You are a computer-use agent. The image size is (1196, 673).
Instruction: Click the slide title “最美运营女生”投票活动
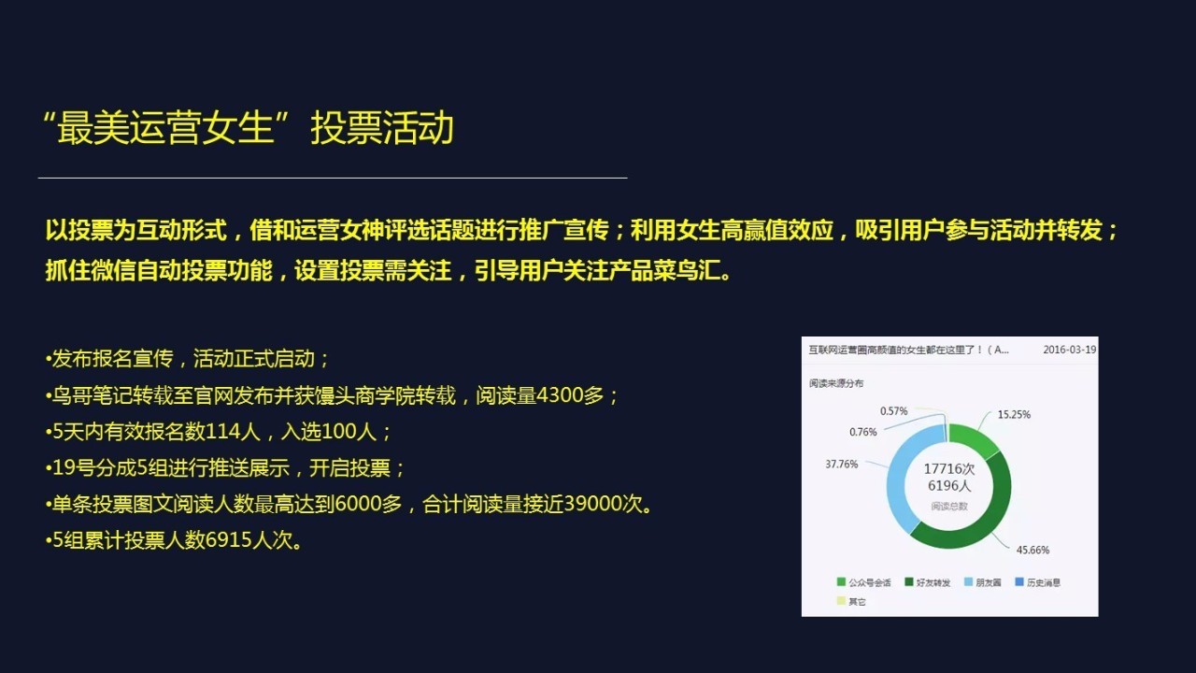(x=248, y=129)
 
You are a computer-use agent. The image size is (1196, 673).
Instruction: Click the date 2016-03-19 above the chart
(x=1069, y=350)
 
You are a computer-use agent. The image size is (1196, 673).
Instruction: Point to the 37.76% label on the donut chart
(x=841, y=464)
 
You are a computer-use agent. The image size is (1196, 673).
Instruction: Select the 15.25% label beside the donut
(x=1014, y=414)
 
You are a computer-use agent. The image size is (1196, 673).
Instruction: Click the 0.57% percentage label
(x=893, y=410)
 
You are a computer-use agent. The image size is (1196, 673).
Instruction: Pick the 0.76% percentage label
(x=863, y=432)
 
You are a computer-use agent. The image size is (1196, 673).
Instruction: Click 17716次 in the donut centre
(x=948, y=469)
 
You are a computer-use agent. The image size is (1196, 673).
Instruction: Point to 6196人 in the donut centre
(x=948, y=486)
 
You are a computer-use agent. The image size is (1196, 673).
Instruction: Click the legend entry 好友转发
(x=933, y=582)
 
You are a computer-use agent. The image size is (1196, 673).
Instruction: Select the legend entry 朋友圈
(x=989, y=582)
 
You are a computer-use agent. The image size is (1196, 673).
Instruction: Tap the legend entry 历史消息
(x=1043, y=582)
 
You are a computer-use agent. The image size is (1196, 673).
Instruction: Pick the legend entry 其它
(x=856, y=601)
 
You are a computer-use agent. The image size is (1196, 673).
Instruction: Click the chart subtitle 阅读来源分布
(x=836, y=383)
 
